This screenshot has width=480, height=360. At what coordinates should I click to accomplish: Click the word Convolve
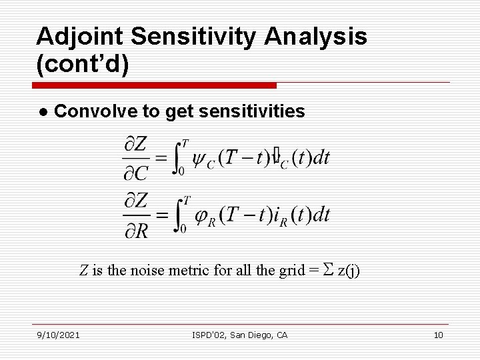(96, 111)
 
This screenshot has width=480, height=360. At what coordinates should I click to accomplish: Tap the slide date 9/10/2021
(58, 335)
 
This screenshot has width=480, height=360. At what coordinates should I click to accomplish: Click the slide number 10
(438, 335)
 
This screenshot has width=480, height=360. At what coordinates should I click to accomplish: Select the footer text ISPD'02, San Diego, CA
(239, 335)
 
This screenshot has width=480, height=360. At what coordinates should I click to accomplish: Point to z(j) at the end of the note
(349, 271)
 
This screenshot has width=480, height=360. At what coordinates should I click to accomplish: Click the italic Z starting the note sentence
(84, 271)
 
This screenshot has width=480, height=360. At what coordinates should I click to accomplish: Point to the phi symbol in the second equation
(202, 215)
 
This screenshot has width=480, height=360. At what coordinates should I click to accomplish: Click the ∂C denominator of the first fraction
(136, 174)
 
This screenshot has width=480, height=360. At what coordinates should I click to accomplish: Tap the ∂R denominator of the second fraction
(136, 231)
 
